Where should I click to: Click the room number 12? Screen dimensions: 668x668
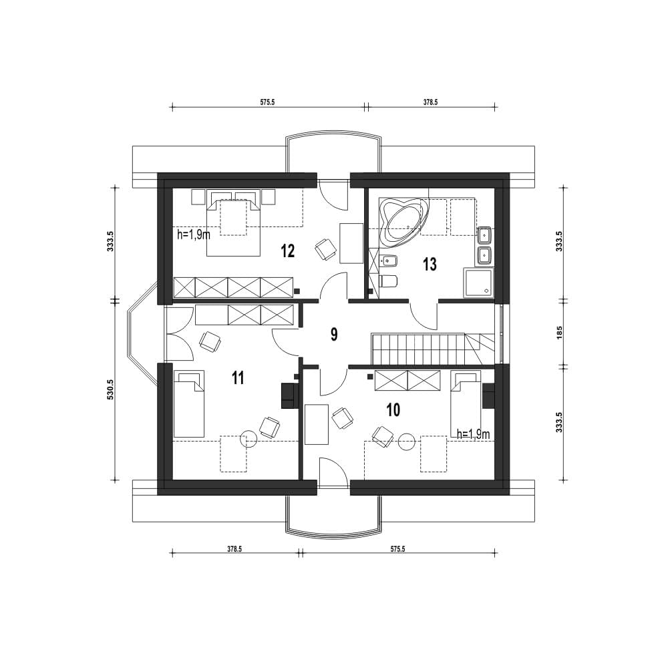(288, 251)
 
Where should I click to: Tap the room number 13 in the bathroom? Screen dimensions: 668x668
(430, 264)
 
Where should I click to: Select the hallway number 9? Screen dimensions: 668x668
(334, 335)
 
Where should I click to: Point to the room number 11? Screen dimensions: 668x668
(238, 377)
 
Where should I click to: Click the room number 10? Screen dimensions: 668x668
(393, 410)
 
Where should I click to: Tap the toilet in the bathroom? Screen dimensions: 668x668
(387, 281)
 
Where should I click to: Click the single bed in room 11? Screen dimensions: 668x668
(189, 404)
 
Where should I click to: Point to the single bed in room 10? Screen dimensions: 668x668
(466, 403)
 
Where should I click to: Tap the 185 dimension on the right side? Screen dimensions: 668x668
(559, 332)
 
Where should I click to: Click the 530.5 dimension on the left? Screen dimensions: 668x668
(111, 389)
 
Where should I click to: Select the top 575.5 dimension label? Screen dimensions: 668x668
(268, 102)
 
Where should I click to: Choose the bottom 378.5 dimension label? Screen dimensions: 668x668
(234, 549)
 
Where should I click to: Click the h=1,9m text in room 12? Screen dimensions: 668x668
(194, 234)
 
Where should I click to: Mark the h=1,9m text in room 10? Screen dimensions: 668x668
(473, 434)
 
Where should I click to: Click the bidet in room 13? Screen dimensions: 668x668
(388, 259)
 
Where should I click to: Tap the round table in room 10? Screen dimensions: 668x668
(407, 442)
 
